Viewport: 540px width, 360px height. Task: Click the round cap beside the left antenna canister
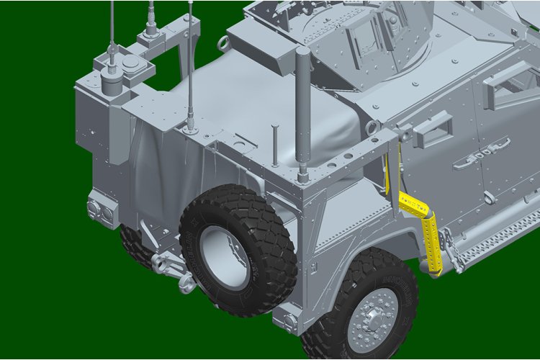click(x=131, y=67)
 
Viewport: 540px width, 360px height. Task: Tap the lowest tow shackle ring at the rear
click(x=186, y=283)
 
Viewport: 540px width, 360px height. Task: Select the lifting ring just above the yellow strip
click(x=373, y=128)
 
